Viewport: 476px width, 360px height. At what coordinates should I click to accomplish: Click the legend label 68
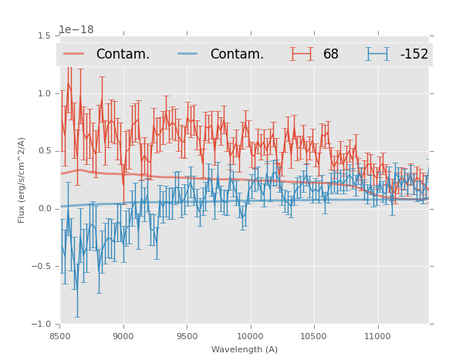(331, 54)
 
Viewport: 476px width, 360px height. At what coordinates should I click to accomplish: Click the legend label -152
(414, 54)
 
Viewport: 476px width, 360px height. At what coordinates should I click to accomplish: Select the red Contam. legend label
(123, 54)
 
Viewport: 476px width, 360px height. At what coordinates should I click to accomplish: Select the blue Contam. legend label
(237, 54)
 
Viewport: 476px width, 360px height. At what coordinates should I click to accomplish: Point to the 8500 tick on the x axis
(60, 336)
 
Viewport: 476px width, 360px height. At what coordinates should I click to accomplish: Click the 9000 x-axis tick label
(123, 336)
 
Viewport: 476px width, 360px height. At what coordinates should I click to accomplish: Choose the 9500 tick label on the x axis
(187, 336)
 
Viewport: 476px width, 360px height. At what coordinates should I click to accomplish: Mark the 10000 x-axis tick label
(251, 336)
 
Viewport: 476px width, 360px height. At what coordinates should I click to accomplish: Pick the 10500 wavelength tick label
(314, 336)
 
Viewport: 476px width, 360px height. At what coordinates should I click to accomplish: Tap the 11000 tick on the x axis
(377, 336)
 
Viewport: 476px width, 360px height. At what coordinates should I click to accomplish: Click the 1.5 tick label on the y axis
(44, 35)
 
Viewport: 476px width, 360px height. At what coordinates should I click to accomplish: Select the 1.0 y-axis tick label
(44, 93)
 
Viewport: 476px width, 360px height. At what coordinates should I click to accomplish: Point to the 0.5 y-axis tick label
(44, 151)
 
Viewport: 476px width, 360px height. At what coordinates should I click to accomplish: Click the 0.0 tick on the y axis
(44, 209)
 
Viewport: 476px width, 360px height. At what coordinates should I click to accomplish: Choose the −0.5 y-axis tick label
(42, 267)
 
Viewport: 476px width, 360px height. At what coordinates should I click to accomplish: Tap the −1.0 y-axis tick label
(42, 325)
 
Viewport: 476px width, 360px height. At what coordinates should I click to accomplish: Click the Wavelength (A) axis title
(245, 349)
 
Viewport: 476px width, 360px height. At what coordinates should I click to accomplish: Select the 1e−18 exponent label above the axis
(76, 29)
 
